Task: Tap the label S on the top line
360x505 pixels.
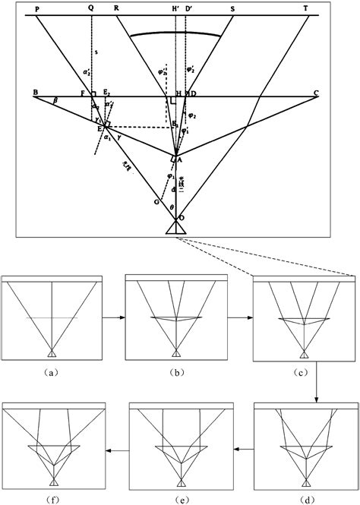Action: pos(232,8)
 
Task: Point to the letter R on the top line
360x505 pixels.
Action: pos(116,8)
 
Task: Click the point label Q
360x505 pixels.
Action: pos(91,8)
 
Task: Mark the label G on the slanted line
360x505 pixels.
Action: pos(156,203)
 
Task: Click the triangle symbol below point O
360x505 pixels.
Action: pos(175,228)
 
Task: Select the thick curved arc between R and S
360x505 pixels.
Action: pos(180,33)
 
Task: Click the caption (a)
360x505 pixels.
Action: pos(50,373)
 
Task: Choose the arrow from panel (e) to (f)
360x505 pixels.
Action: pos(116,451)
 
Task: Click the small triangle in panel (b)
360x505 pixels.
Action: pos(175,353)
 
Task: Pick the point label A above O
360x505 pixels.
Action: pos(180,160)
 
